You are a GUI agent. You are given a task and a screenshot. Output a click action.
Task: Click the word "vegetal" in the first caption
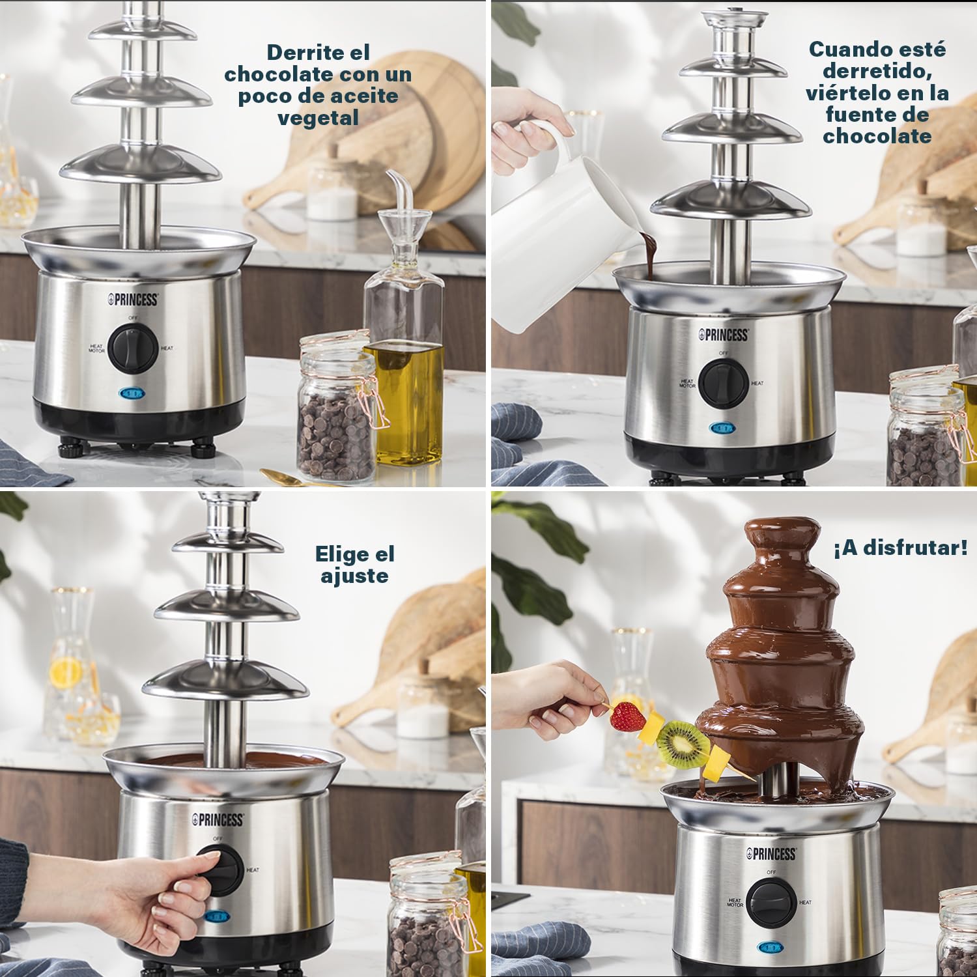(x=318, y=119)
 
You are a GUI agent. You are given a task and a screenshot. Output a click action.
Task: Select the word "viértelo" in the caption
(x=851, y=92)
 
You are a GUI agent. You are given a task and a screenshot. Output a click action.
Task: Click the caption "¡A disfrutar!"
(x=900, y=548)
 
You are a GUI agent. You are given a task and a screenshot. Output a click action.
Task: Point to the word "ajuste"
(x=354, y=576)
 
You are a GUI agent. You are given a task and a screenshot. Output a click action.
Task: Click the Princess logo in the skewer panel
(x=771, y=853)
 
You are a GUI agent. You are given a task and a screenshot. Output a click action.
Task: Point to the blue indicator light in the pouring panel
(x=722, y=428)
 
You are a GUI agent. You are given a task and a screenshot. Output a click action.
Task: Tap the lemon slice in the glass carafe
(x=66, y=672)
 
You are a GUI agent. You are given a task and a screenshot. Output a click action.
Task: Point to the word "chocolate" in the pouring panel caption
(x=877, y=136)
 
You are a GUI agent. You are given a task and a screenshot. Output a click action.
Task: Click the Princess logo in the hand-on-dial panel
(x=218, y=820)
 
